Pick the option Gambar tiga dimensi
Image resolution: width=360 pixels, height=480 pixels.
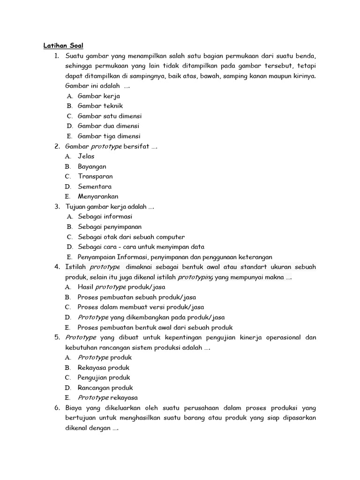tap(109, 136)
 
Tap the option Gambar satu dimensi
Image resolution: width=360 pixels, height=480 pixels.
tap(110, 116)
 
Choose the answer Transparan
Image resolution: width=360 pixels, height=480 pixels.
tap(95, 176)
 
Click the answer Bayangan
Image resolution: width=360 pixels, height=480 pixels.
tap(92, 166)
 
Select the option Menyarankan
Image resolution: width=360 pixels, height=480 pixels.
tap(98, 196)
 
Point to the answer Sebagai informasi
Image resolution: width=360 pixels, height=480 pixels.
tap(105, 217)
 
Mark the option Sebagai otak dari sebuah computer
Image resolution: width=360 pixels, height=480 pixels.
tap(131, 237)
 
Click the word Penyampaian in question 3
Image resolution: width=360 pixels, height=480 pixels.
tap(97, 257)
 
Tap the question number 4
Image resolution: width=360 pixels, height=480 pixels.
tap(57, 267)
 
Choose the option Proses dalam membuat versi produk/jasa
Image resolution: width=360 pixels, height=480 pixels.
tap(141, 307)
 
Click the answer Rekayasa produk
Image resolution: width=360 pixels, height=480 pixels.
tap(104, 367)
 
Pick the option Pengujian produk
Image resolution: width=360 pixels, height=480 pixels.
tap(104, 377)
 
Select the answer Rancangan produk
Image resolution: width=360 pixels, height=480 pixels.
tap(105, 388)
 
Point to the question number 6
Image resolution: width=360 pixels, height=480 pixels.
tap(57, 408)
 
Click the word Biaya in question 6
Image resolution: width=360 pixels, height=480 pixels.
tap(74, 408)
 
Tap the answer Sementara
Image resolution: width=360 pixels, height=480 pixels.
tap(95, 187)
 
